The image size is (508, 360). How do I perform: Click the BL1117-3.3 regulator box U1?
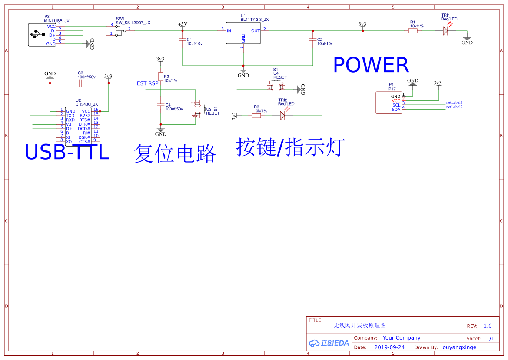tap(243, 33)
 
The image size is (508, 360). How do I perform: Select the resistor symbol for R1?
tap(412, 30)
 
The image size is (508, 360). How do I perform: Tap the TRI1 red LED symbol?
tap(445, 30)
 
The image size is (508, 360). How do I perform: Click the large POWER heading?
tap(371, 65)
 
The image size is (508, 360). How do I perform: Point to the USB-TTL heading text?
tap(66, 153)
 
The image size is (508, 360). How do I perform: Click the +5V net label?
tap(183, 24)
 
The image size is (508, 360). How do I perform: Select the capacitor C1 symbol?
tap(183, 40)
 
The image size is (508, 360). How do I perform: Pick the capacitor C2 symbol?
tap(312, 40)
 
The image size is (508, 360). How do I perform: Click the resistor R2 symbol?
tap(160, 77)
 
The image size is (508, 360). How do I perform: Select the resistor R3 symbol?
tap(256, 116)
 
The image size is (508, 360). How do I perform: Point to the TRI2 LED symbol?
tap(282, 116)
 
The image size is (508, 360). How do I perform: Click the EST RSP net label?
tap(148, 83)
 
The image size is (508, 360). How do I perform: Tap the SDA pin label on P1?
tap(396, 110)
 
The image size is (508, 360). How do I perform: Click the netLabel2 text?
tap(454, 107)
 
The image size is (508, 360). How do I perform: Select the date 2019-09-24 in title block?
tap(389, 347)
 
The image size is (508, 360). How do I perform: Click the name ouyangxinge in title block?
tap(459, 347)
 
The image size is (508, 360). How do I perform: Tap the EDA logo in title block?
tap(329, 343)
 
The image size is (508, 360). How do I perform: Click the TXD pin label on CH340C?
tap(70, 116)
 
